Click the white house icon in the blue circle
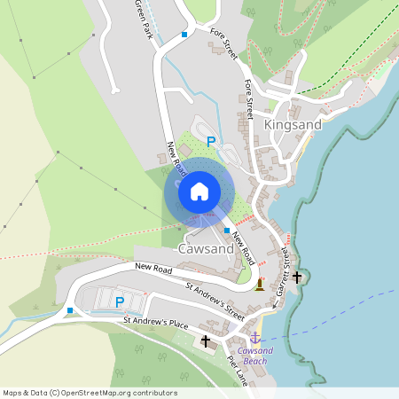tap(199, 192)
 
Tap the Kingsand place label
tap(293, 125)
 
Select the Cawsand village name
tap(206, 249)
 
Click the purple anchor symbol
tap(254, 338)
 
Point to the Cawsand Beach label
tap(254, 356)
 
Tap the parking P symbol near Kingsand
tap(210, 141)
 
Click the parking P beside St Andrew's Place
tap(120, 302)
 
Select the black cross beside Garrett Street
tap(297, 277)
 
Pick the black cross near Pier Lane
tap(206, 340)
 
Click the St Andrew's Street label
tap(215, 301)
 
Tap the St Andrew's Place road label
tap(156, 324)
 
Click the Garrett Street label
tap(283, 270)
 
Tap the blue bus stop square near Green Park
tap(184, 35)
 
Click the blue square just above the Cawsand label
tap(227, 231)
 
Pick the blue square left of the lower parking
tap(69, 310)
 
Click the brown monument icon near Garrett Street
tap(259, 285)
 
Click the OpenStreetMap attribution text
tap(90, 393)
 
